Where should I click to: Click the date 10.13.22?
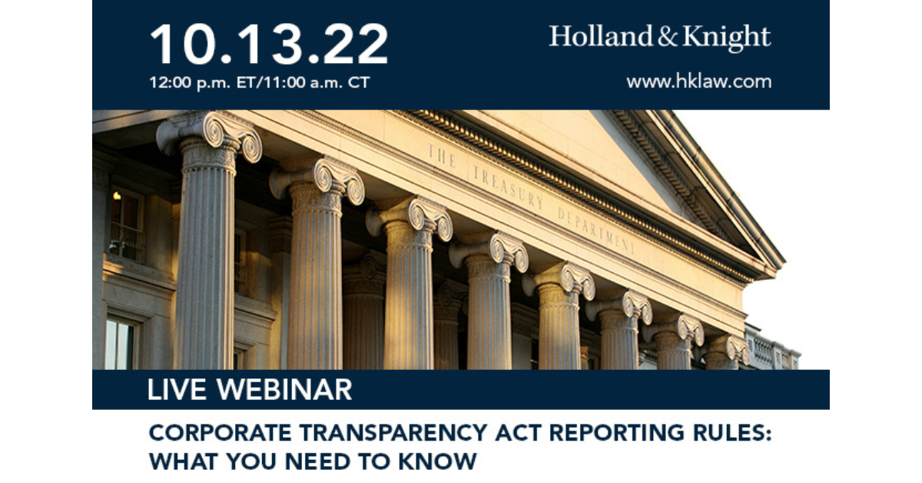pyautogui.click(x=269, y=44)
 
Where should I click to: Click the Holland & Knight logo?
pyautogui.click(x=660, y=36)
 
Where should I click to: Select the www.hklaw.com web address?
pyautogui.click(x=698, y=82)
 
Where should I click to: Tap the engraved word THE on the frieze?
pyautogui.click(x=443, y=155)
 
